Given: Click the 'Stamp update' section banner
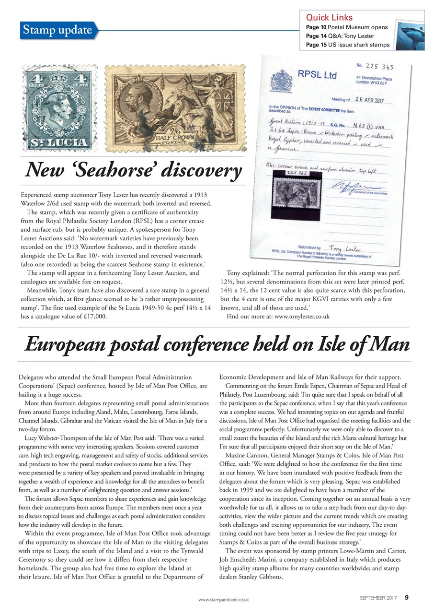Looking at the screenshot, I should click(x=57, y=30).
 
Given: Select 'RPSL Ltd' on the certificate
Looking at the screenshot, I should click(x=317, y=75).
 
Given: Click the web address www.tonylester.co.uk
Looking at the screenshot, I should click(x=302, y=316).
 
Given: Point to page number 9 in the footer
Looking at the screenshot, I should click(x=407, y=597).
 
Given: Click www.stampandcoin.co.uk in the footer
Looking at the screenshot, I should click(x=223, y=599).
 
